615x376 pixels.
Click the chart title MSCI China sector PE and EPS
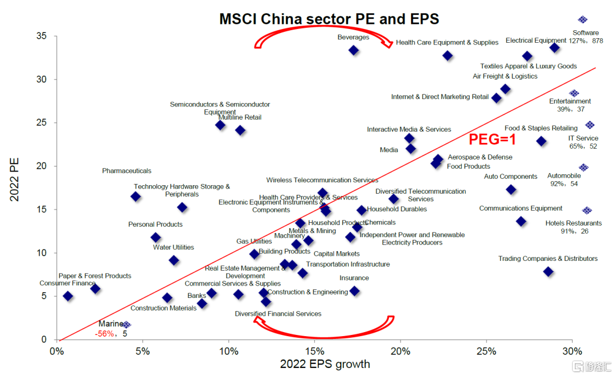(329, 19)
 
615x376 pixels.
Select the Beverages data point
(354, 50)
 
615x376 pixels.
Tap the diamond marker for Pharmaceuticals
(136, 197)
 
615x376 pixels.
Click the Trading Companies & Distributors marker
(548, 272)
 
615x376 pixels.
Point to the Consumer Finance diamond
(68, 296)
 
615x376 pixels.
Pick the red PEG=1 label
(493, 139)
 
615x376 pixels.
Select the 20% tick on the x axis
(400, 350)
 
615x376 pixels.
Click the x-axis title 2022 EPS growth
(325, 364)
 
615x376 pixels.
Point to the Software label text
(585, 33)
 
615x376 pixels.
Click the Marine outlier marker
(126, 325)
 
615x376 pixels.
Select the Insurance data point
(354, 291)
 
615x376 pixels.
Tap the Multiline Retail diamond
(240, 130)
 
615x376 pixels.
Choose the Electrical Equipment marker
(555, 47)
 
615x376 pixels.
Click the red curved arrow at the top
(323, 39)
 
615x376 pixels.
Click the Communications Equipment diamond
(521, 221)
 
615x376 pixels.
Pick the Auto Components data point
(511, 190)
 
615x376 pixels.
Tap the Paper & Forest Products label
(95, 276)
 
